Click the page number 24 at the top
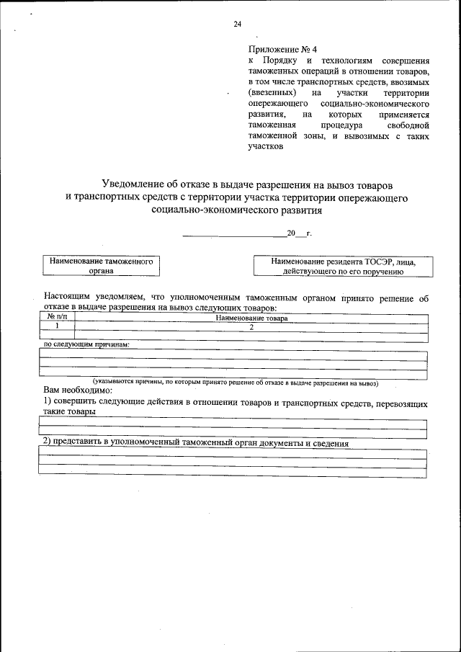(x=237, y=24)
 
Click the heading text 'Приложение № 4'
(x=277, y=49)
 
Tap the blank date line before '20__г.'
(x=234, y=235)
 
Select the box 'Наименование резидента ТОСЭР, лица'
(x=343, y=267)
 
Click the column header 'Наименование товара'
(x=251, y=318)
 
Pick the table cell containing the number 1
(x=57, y=326)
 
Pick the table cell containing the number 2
(x=251, y=326)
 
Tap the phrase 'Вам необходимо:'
(x=74, y=390)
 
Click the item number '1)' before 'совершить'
(x=48, y=401)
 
